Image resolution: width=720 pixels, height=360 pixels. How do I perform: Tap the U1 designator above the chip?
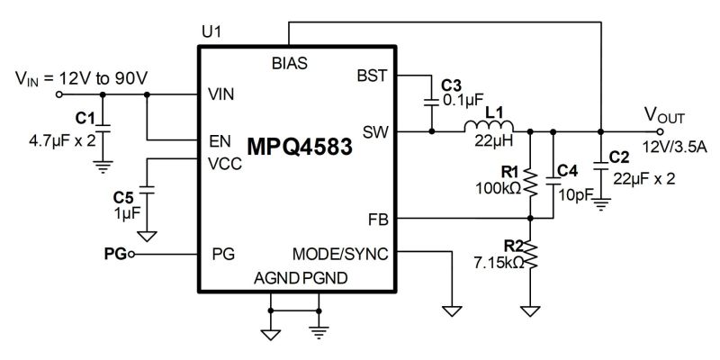point(212,32)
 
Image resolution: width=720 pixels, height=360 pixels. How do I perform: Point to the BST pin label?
point(372,76)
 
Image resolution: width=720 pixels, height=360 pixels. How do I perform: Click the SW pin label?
point(374,131)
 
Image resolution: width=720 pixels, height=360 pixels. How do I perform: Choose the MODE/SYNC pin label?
point(340,254)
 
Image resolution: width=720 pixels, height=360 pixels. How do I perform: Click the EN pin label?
point(219,140)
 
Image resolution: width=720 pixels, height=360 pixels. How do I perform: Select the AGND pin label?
point(277,277)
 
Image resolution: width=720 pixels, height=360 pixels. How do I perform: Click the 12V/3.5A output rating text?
point(673,147)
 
